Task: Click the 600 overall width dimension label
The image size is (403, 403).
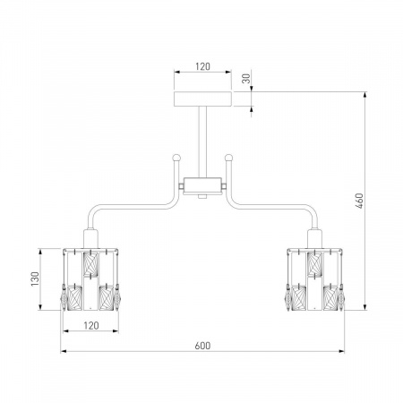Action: click(x=202, y=346)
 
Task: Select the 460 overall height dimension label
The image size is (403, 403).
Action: click(x=360, y=201)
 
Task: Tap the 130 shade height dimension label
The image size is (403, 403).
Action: click(x=35, y=279)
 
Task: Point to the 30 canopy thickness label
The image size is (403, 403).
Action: click(x=246, y=78)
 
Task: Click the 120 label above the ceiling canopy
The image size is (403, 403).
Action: click(x=202, y=66)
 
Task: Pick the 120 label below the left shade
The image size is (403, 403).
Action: click(x=91, y=325)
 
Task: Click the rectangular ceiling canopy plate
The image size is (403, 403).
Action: click(x=202, y=99)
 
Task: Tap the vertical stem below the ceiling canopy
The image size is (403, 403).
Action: click(x=202, y=142)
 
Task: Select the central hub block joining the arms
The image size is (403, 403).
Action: click(x=202, y=186)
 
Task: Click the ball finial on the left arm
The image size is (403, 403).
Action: click(x=176, y=157)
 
